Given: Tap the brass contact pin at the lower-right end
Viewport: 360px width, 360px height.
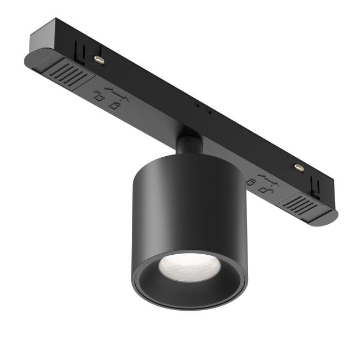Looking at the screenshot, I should pos(299,166).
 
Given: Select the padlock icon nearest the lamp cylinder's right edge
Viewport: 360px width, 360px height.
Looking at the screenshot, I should pos(253,181).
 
